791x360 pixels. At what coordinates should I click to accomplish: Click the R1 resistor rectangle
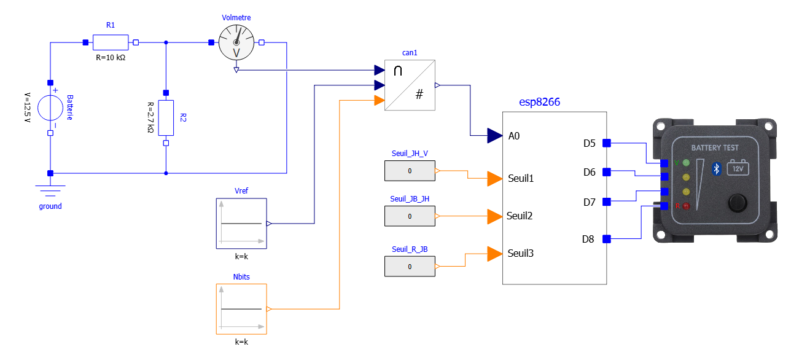(111, 42)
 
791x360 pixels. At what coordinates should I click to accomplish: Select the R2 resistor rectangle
(166, 117)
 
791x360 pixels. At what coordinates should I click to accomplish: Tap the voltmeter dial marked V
(236, 45)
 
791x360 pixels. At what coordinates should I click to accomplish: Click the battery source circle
(50, 108)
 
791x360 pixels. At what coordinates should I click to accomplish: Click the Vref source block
(241, 224)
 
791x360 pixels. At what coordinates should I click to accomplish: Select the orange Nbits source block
(241, 308)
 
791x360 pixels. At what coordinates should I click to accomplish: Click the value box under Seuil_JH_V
(410, 171)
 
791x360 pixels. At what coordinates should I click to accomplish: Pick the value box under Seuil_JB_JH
(410, 216)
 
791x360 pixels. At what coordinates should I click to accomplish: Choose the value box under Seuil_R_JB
(410, 266)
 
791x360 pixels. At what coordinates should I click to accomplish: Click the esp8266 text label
(539, 102)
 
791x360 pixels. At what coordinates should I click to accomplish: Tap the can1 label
(410, 53)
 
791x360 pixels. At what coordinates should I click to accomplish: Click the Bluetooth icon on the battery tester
(716, 168)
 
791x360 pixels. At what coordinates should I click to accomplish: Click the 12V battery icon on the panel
(738, 168)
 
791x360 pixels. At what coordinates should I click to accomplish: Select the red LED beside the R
(686, 206)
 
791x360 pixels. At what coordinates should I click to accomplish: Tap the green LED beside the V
(686, 163)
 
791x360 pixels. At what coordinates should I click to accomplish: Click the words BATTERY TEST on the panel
(715, 148)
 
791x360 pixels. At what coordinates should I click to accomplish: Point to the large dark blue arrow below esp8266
(495, 136)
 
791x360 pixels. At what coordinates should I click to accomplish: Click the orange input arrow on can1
(380, 100)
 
